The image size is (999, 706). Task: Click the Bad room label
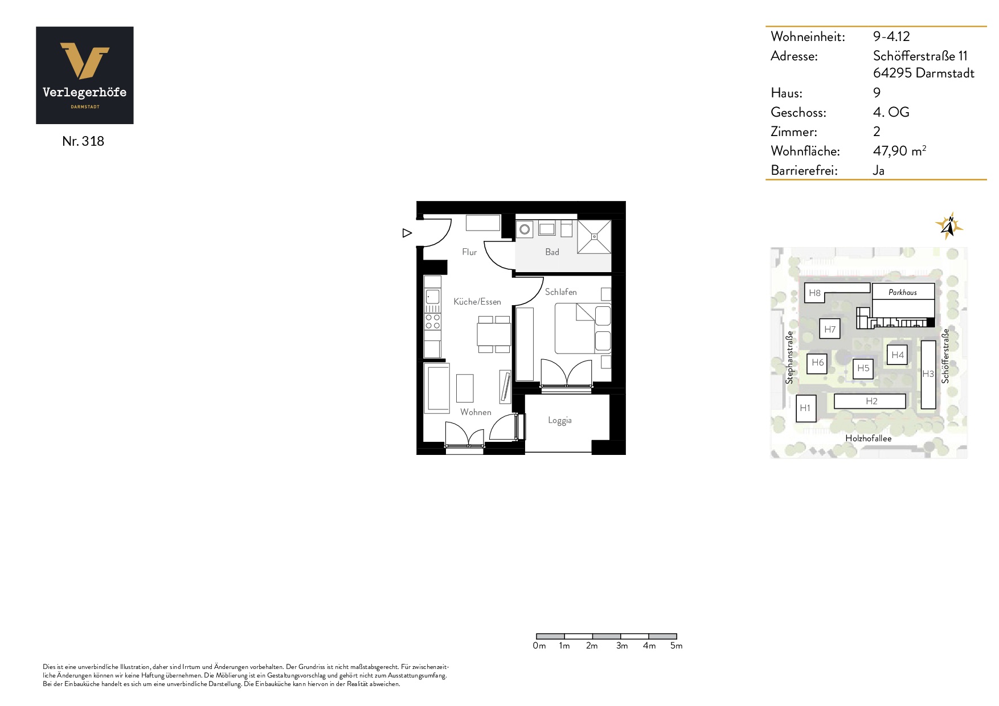(552, 252)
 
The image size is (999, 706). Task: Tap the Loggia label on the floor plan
(559, 421)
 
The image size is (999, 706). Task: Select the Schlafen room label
(560, 292)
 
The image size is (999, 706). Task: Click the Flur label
(469, 252)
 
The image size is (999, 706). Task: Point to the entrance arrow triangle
(407, 233)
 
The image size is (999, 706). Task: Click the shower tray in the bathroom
(594, 236)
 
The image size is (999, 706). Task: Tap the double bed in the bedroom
(583, 329)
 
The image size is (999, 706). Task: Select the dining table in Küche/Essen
(494, 334)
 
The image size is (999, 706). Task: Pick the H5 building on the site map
(863, 368)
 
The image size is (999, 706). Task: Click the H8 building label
(814, 293)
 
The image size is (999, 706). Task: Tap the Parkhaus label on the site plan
(903, 292)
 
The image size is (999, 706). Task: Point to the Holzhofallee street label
(868, 438)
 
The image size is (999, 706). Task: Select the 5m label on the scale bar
(676, 646)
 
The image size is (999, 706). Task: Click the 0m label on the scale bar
(539, 646)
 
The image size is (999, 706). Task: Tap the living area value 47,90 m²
(899, 151)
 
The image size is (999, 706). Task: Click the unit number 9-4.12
(891, 36)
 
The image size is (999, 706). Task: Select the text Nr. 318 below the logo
(83, 141)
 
